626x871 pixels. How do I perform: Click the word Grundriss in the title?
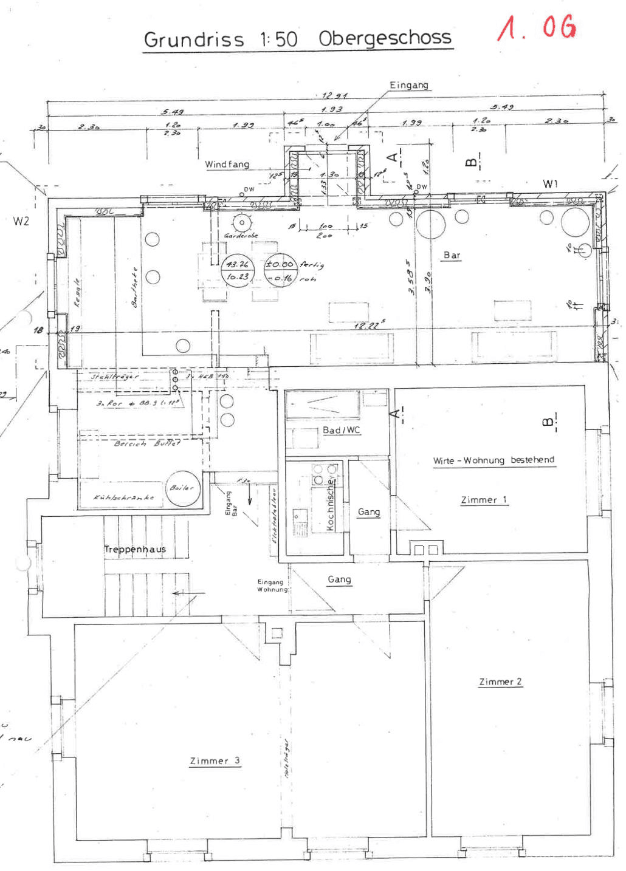point(193,39)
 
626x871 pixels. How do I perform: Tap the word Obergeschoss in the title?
point(385,38)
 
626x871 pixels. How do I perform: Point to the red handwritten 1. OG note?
point(536,28)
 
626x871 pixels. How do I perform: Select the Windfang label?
point(227,164)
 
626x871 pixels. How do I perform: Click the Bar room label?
point(452,255)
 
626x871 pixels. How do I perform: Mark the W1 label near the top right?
point(550,183)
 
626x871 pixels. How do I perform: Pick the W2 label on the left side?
point(21,221)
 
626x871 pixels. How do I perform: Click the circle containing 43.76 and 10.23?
point(237,270)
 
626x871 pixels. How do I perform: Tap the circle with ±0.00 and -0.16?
point(280,271)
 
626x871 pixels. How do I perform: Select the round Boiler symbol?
point(182,488)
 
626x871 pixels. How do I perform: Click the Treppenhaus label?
point(135,549)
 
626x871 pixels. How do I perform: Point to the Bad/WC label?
point(341,430)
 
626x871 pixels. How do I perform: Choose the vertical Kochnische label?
point(330,505)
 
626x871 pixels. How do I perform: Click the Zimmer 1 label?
point(483,500)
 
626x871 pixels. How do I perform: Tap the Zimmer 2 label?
point(500,681)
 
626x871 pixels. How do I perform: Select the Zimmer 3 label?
point(215,760)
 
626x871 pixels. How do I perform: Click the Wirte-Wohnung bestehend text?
point(494,460)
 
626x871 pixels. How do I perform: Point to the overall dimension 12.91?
point(335,95)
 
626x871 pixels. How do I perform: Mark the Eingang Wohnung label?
point(271,586)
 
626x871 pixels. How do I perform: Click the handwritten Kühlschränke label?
point(123,497)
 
